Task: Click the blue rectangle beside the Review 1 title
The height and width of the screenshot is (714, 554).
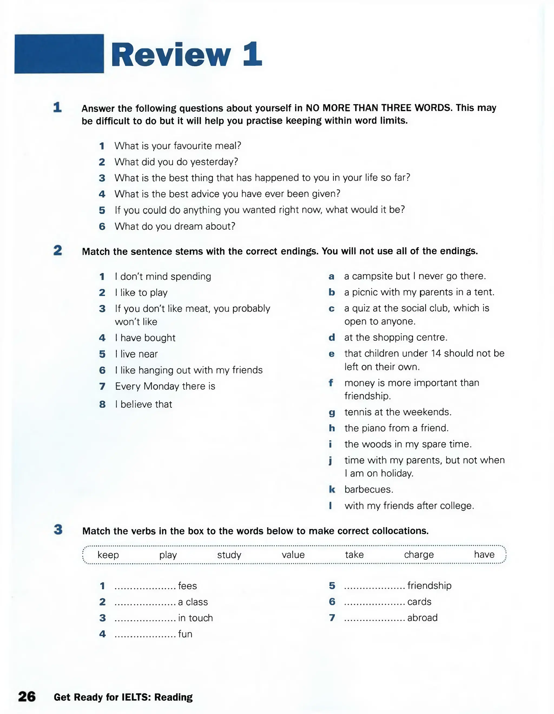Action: pos(59,54)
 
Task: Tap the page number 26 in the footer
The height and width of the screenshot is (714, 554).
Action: pos(27,696)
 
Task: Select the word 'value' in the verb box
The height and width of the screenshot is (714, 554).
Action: pos(293,555)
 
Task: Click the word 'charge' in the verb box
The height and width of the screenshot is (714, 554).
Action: pos(419,555)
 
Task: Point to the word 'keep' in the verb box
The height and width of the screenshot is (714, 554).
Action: pos(108,555)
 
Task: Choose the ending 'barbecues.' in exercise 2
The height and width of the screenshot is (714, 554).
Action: pos(369,489)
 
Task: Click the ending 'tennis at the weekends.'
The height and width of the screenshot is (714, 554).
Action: pos(398,412)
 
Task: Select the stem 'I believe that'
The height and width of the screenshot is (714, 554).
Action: pos(143,404)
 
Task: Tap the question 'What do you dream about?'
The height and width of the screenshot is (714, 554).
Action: pos(175,226)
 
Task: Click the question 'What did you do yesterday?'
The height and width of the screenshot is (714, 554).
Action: pos(176,162)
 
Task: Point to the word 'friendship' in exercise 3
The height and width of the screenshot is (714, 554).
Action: pos(429,585)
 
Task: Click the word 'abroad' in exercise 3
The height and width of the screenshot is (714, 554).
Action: pos(422,618)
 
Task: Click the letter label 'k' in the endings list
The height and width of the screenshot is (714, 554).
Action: pos(332,489)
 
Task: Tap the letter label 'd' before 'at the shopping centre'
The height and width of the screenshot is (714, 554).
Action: pos(332,337)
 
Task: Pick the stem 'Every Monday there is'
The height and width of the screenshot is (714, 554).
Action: pos(165,386)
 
